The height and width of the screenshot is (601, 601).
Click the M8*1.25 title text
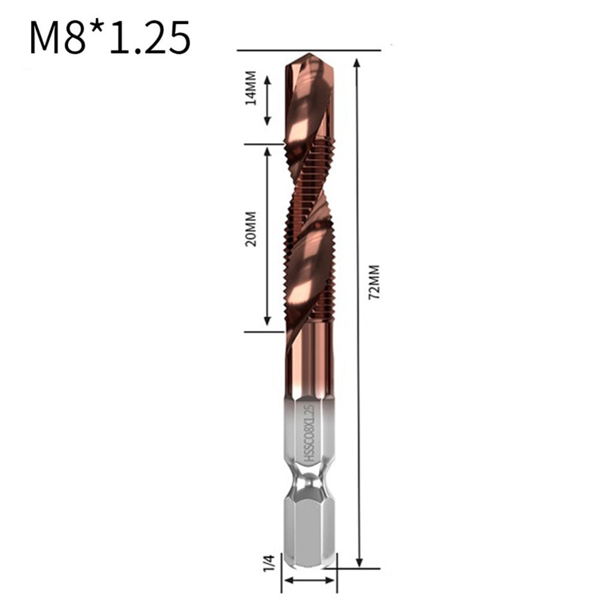[x=110, y=38]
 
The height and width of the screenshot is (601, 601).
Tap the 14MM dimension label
[x=251, y=88]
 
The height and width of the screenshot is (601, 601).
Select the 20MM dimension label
[x=251, y=229]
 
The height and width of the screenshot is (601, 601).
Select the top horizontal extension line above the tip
[x=309, y=50]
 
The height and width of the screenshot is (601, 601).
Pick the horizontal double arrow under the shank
[x=309, y=581]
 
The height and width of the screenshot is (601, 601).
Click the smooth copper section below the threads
[x=309, y=366]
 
